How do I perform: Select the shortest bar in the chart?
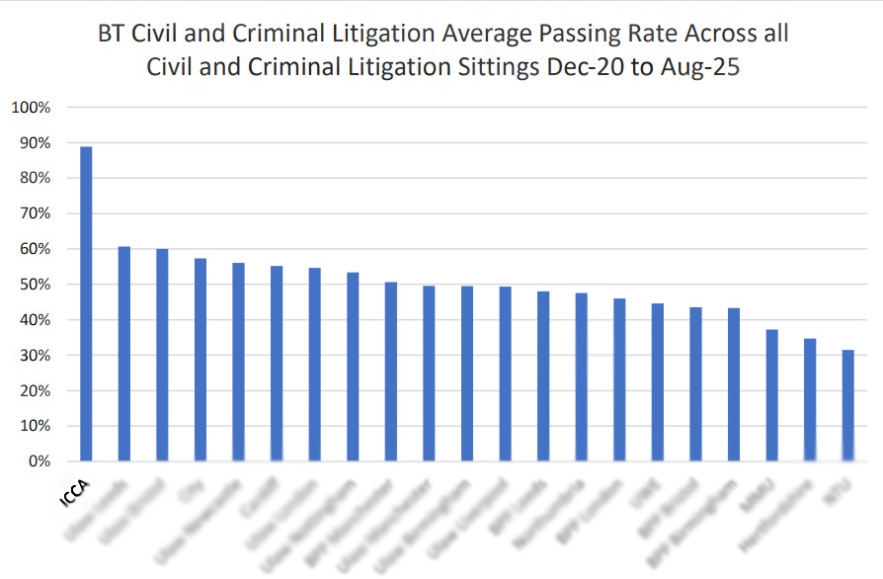847,405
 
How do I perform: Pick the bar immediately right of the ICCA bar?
124,354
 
